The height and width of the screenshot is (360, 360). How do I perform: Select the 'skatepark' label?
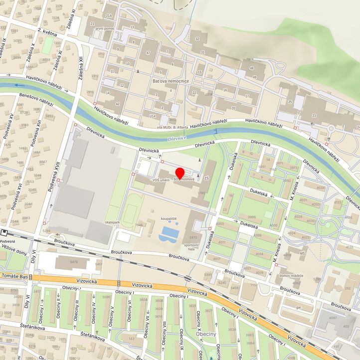click(x=113, y=221)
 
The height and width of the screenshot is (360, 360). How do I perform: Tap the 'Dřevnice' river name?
click(x=177, y=139)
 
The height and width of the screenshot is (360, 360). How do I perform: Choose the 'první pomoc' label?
click(x=106, y=28)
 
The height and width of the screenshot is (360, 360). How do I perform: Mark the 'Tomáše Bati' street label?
click(x=13, y=277)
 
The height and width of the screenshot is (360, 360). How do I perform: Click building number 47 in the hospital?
click(x=148, y=53)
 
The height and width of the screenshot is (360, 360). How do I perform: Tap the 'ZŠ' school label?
click(x=204, y=178)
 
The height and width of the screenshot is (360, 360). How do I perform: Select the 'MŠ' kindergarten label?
click(x=302, y=253)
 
